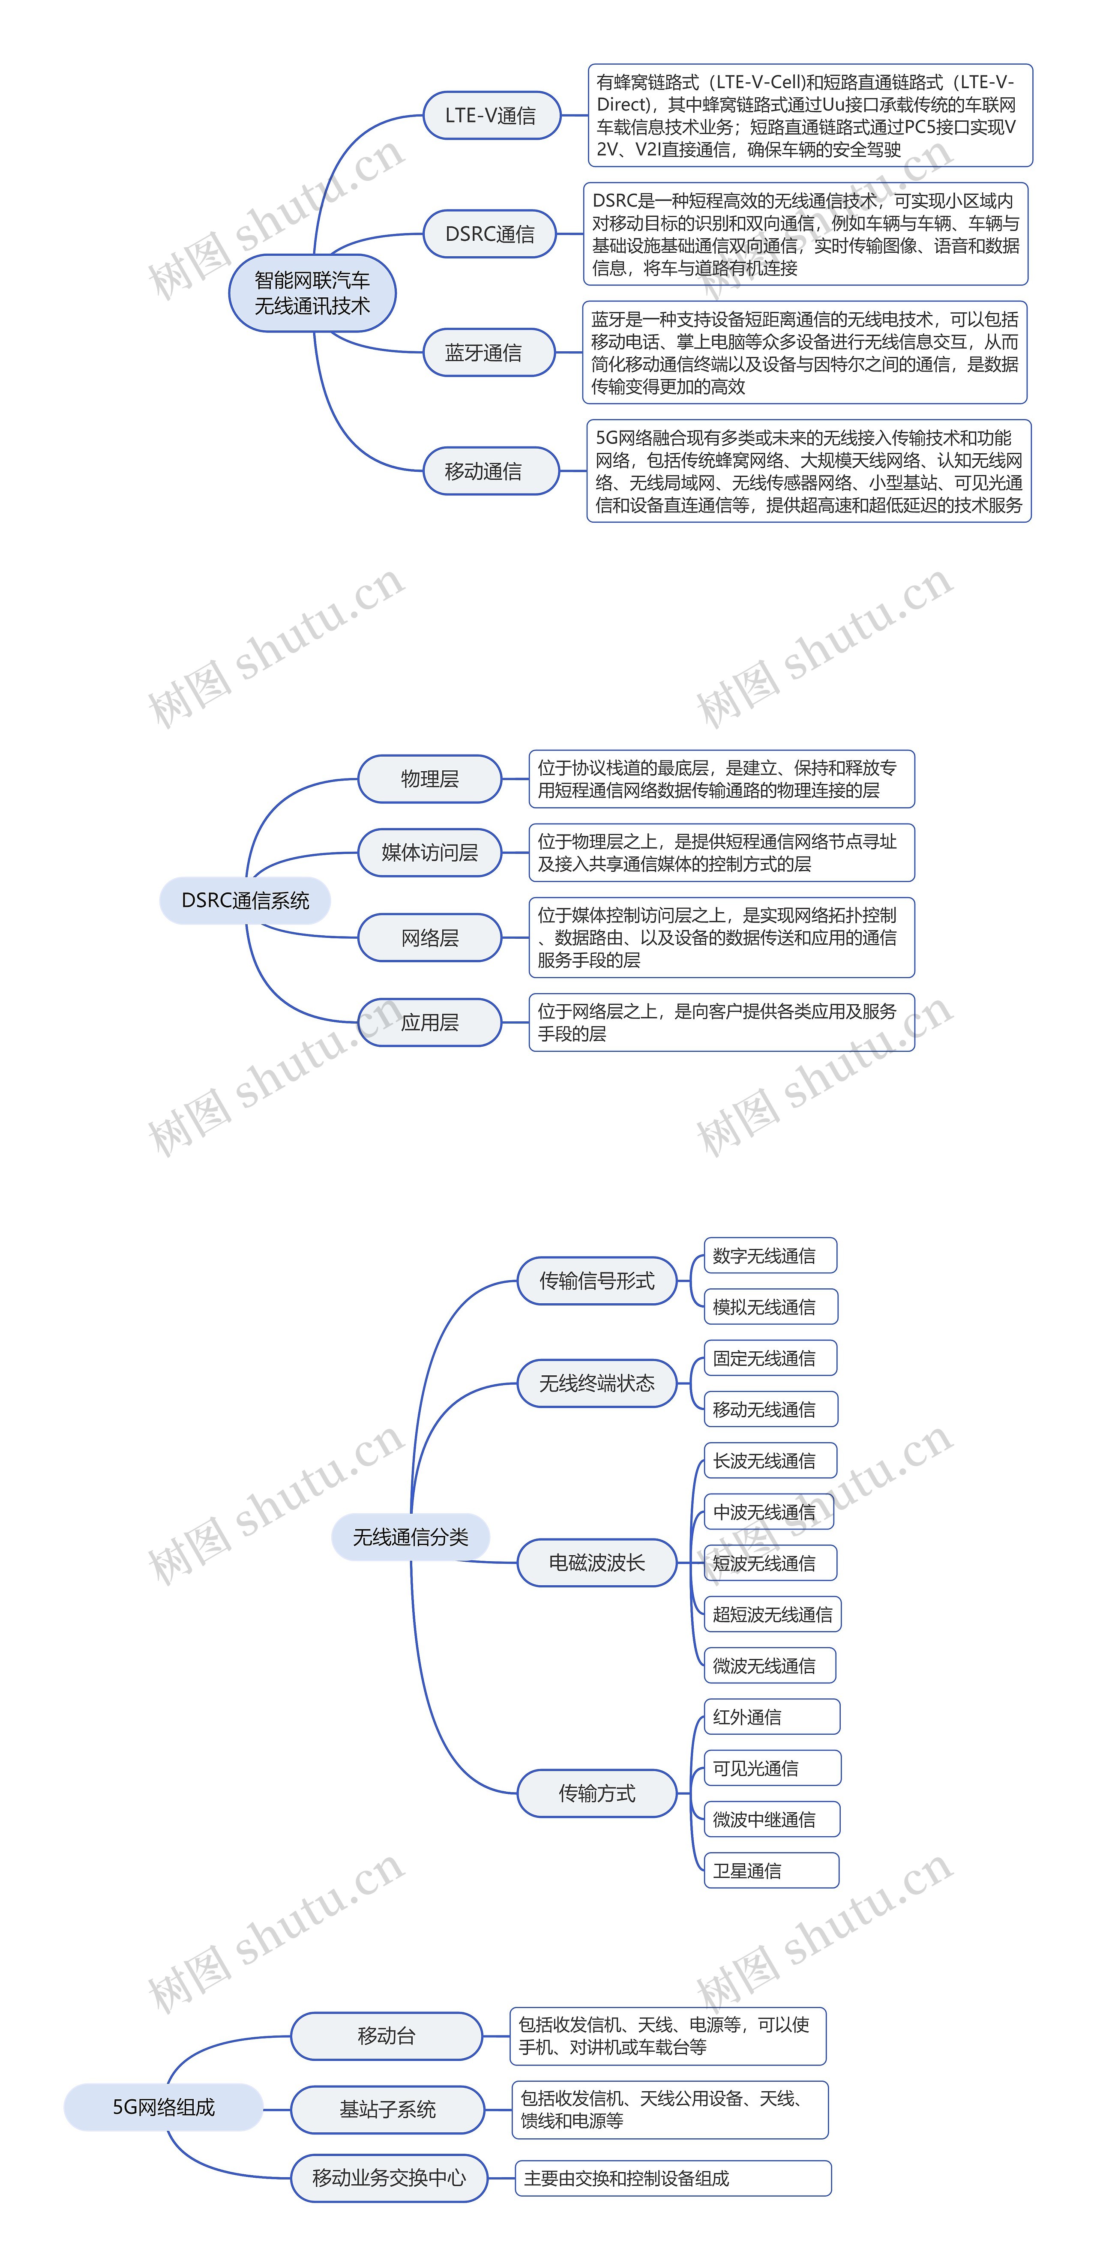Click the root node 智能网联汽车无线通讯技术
click(x=312, y=293)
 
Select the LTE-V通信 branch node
click(x=491, y=115)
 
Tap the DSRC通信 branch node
click(x=490, y=234)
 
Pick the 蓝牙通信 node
click(x=484, y=353)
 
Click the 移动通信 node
click(x=484, y=472)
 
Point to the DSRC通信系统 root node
click(x=246, y=901)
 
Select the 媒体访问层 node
click(x=430, y=853)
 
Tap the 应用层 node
click(x=430, y=1022)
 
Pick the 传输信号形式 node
click(x=597, y=1281)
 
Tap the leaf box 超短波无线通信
click(x=772, y=1614)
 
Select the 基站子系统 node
click(x=388, y=2110)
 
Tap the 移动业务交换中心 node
click(x=389, y=2178)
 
